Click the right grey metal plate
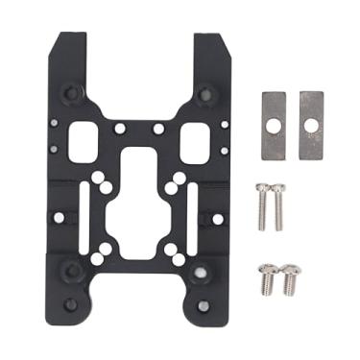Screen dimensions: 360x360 click(311, 125)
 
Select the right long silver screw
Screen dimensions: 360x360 click(277, 206)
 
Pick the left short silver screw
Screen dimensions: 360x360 click(268, 278)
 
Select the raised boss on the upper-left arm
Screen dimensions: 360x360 click(72, 93)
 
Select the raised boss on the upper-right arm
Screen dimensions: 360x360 click(205, 94)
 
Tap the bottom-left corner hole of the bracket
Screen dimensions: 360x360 click(71, 304)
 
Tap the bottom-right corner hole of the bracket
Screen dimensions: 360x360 click(204, 305)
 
